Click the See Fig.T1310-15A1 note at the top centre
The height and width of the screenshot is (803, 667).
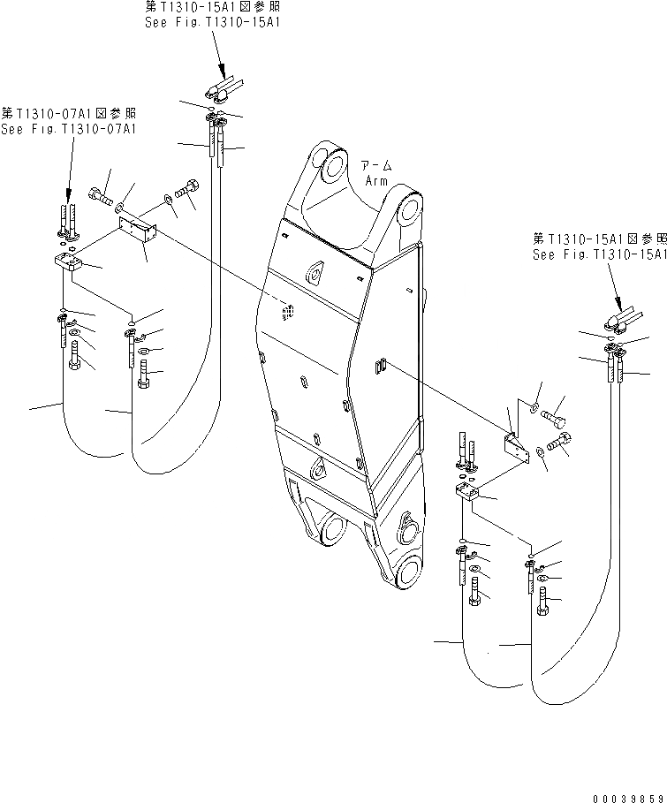213,23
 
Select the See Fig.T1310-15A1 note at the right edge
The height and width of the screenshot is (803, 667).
599,254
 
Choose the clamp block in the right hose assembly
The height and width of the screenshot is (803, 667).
468,495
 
